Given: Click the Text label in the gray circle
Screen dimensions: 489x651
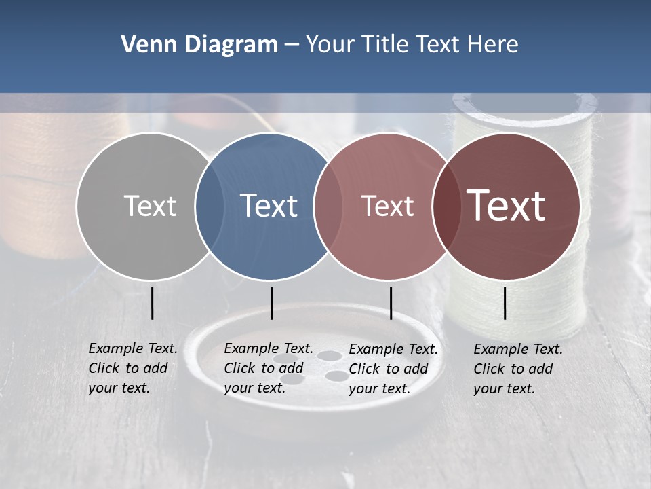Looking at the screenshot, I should coord(150,206).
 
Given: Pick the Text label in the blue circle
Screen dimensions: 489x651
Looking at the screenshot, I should coord(269,206).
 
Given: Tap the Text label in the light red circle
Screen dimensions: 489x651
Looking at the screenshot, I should coord(387,206).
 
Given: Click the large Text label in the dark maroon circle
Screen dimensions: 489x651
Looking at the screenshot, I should coord(506,206).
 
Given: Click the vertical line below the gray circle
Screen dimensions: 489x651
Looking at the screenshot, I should coord(153,303).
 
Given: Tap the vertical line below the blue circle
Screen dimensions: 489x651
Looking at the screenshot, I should coord(271,303).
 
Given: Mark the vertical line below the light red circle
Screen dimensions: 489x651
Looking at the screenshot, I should coord(391,303).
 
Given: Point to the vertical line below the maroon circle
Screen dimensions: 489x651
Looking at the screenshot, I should coord(505,303).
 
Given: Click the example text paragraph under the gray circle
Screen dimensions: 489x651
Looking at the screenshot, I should coord(132,368).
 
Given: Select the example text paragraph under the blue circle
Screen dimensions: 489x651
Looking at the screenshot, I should coord(268,368).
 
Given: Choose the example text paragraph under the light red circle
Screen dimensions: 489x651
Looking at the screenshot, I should coord(393,369).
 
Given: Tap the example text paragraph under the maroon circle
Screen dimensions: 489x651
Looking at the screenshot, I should coord(517,369).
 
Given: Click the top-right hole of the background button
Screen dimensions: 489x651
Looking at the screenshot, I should coord(330,355).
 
